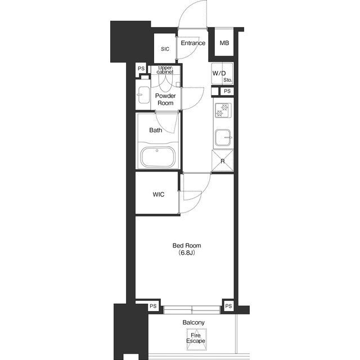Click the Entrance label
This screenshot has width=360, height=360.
193,43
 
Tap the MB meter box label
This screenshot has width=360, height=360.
224,43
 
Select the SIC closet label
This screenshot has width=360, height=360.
165,49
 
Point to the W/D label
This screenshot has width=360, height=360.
219,74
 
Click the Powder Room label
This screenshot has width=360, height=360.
165,99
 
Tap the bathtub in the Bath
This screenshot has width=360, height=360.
158,157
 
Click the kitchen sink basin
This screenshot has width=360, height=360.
223,137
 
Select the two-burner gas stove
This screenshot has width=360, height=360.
223,110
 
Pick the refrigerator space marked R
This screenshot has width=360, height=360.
223,160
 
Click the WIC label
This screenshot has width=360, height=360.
159,195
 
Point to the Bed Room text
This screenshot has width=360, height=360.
187,245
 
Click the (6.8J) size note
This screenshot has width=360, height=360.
187,253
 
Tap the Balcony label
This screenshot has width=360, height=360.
193,322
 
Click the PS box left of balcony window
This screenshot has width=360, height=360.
153,306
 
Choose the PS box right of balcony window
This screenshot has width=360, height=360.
228,306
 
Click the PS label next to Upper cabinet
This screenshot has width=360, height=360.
141,69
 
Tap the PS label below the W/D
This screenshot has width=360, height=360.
227,91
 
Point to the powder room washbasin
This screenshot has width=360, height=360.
143,95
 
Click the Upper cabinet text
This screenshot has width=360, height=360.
165,70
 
